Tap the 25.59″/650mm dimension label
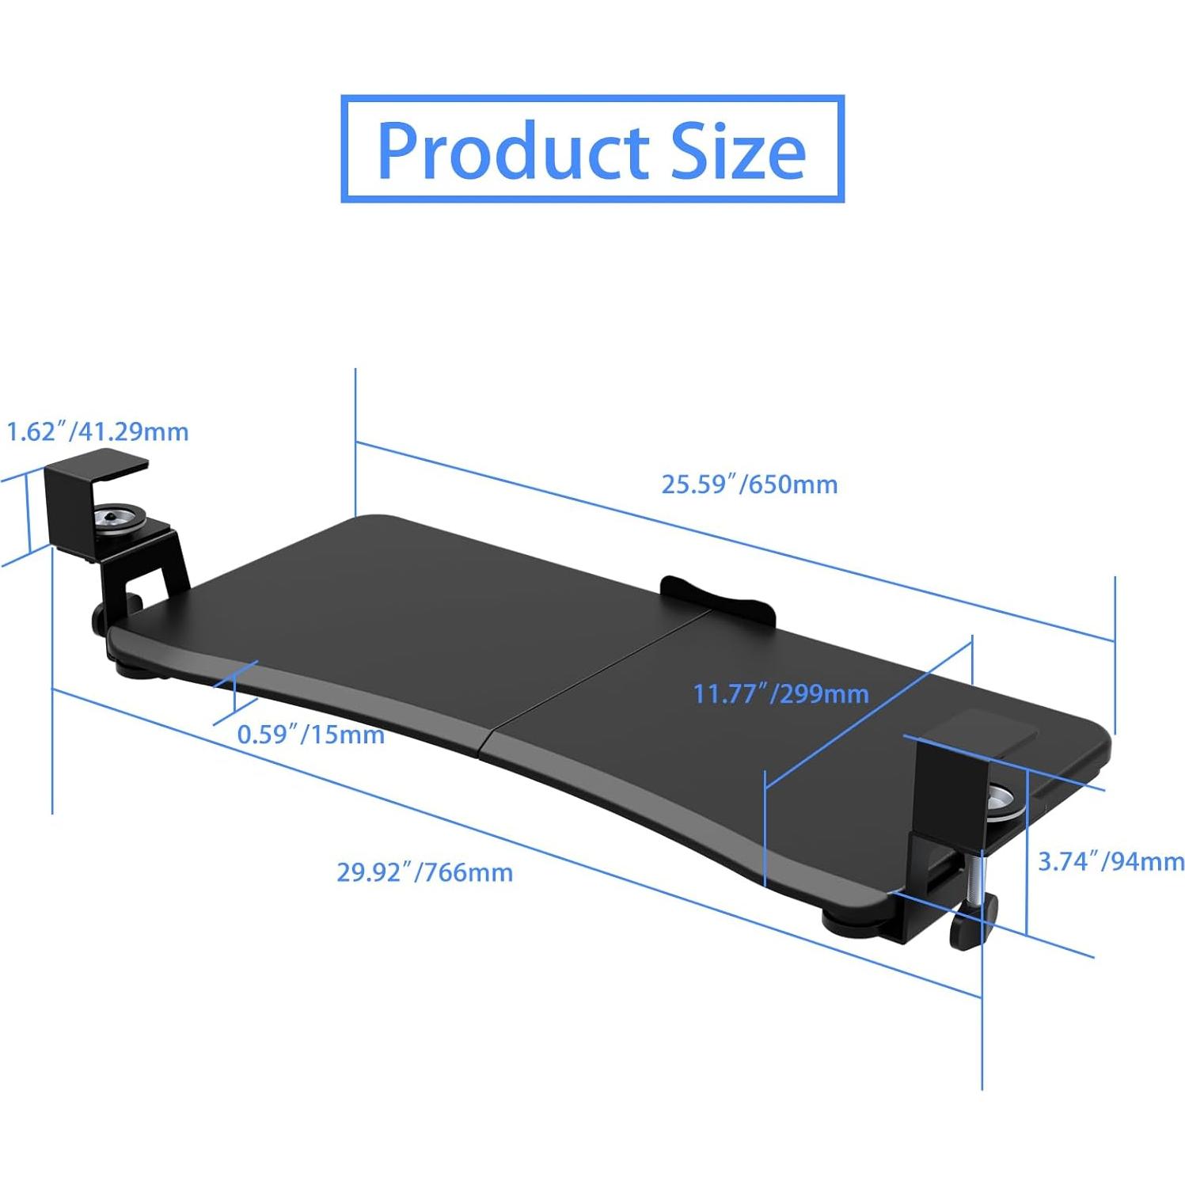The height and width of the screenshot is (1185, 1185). [749, 484]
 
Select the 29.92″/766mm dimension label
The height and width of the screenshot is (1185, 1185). [424, 872]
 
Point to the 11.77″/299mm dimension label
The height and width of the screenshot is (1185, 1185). [781, 694]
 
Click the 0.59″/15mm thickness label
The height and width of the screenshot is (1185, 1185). [310, 735]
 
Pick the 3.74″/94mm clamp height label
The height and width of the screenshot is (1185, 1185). [1111, 861]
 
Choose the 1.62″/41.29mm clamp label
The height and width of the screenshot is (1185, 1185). [97, 432]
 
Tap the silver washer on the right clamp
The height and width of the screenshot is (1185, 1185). [1004, 801]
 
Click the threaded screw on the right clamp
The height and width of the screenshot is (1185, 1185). [982, 875]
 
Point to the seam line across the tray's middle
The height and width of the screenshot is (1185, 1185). [602, 673]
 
